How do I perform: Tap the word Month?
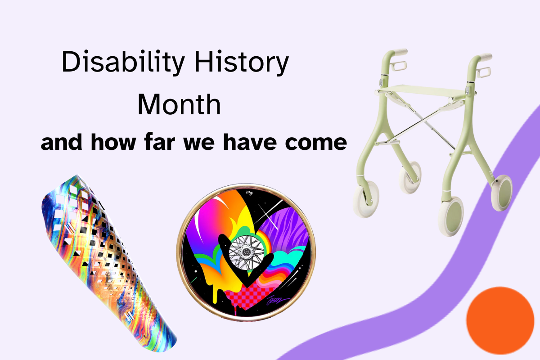(179, 104)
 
